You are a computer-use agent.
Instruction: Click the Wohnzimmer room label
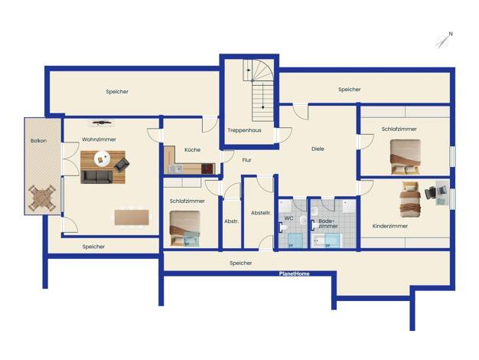[99, 139]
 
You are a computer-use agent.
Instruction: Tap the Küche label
[193, 150]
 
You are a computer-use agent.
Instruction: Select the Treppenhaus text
[244, 130]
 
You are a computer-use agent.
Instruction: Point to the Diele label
[318, 149]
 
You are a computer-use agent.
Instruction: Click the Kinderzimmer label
[389, 226]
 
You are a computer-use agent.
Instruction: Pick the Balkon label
[38, 141]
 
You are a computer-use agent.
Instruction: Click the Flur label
[246, 160]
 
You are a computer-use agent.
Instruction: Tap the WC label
[288, 218]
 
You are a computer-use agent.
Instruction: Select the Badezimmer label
[328, 224]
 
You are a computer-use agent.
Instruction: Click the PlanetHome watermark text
[294, 273]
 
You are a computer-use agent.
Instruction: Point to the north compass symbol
[444, 41]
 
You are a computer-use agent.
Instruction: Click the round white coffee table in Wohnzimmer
[103, 159]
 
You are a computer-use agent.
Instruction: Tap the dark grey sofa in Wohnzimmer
[96, 177]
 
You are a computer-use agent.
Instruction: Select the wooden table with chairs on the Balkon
[42, 198]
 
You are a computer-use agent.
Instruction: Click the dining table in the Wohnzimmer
[132, 218]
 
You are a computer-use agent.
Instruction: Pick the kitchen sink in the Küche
[175, 169]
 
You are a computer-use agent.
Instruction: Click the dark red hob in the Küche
[207, 169]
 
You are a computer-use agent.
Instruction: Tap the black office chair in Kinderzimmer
[430, 193]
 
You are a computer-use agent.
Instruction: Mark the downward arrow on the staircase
[262, 97]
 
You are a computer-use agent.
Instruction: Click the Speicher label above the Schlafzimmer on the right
[350, 90]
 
